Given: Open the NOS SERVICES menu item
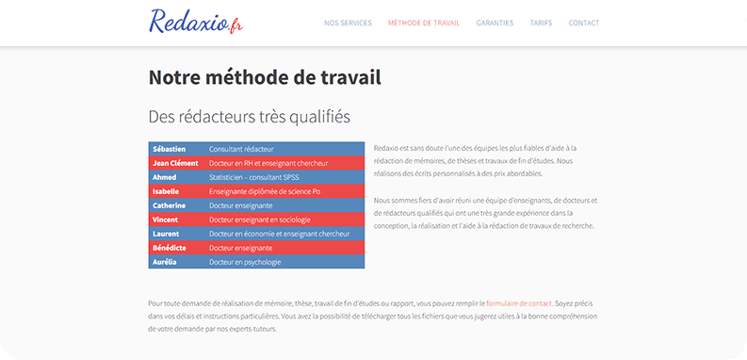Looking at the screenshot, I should (348, 23).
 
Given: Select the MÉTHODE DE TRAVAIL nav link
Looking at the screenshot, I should (424, 23).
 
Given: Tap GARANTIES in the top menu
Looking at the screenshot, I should (495, 23).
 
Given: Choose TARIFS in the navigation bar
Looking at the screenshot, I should (541, 23).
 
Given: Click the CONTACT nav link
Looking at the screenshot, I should (584, 23).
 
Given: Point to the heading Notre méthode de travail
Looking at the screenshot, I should (265, 77).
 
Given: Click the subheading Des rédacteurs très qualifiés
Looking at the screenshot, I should (249, 117).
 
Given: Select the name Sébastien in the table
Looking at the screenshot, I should (169, 149).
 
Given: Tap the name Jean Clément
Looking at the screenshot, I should (176, 163).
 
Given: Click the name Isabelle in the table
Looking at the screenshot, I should (166, 191).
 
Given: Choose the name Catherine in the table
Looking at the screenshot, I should (170, 205).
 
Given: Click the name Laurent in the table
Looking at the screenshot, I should (166, 234).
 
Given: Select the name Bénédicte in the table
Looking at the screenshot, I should (171, 248).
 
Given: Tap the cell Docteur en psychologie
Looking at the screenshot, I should (245, 262).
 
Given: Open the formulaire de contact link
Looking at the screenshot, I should (519, 303).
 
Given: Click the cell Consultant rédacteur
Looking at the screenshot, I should (241, 149).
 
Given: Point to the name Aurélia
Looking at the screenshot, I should (165, 262).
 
